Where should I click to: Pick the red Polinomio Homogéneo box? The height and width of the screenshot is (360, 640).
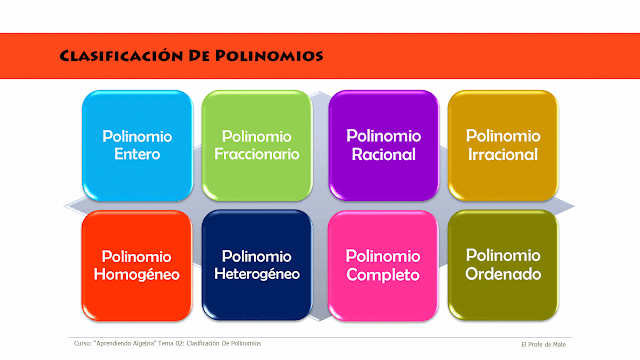click(137, 264)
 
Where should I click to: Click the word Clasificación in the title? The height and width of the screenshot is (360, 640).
click(121, 56)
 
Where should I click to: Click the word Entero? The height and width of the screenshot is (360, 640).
click(137, 155)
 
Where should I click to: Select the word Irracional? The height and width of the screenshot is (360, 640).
click(502, 155)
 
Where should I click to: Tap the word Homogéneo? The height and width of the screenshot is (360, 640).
click(137, 275)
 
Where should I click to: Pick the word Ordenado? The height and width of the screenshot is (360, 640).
click(502, 273)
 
